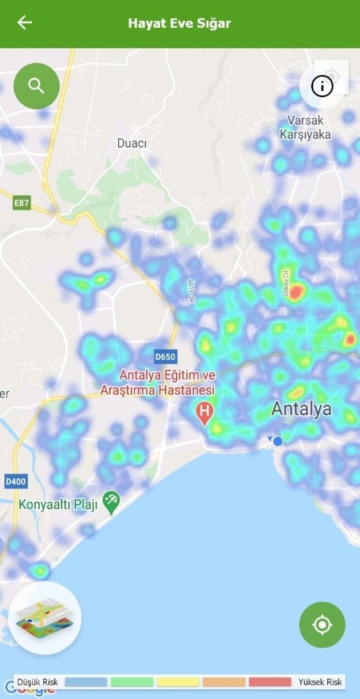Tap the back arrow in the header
pyautogui.click(x=24, y=23)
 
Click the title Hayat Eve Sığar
pyautogui.click(x=179, y=23)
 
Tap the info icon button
pyautogui.click(x=322, y=86)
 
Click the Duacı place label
pyautogui.click(x=131, y=143)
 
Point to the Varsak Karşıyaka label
pyautogui.click(x=305, y=128)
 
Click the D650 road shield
pyautogui.click(x=165, y=356)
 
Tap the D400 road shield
pyautogui.click(x=15, y=482)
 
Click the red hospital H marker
pyautogui.click(x=204, y=412)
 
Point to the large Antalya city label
pyautogui.click(x=301, y=408)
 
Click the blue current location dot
pyautogui.click(x=278, y=441)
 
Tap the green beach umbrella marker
pyautogui.click(x=111, y=501)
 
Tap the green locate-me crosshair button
pyautogui.click(x=322, y=624)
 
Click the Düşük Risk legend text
pyautogui.click(x=36, y=682)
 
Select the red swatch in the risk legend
pyautogui.click(x=270, y=682)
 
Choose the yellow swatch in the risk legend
pyautogui.click(x=178, y=682)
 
